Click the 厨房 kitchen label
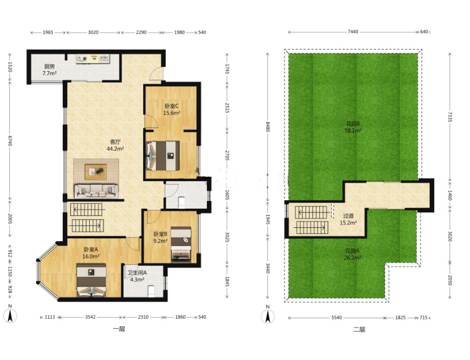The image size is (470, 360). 50,69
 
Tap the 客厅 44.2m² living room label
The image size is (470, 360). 115,145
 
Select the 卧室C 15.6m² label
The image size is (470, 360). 172,110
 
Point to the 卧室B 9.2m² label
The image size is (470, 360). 160,237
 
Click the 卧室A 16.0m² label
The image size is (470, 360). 91,253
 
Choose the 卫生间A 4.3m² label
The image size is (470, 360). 137,276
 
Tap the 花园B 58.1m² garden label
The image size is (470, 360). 353,127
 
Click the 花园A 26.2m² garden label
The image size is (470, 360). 352,254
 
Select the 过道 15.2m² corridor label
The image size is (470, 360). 348,219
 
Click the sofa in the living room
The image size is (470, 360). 96,191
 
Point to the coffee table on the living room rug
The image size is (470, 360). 96,172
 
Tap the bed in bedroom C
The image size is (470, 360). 163,156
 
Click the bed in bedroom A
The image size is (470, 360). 91,280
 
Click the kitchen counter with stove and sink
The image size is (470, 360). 92,58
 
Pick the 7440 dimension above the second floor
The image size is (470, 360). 353,32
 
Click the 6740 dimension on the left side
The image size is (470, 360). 10,140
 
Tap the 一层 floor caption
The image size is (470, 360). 119,329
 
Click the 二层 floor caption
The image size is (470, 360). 359,330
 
